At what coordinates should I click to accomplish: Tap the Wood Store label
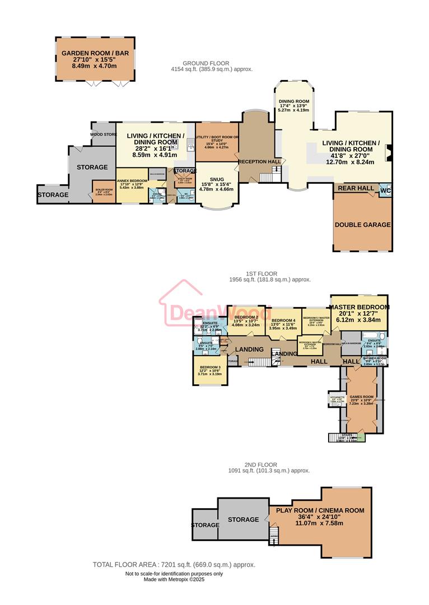tap(103, 134)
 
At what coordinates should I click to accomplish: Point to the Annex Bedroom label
tap(132, 180)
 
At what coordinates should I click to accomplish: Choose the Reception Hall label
tap(259, 161)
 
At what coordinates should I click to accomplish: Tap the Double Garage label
tap(362, 225)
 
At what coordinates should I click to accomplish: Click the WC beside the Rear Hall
tap(385, 190)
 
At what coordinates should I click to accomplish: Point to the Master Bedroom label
tap(359, 308)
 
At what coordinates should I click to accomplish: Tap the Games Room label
tap(361, 399)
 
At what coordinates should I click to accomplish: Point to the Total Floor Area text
tap(174, 565)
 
